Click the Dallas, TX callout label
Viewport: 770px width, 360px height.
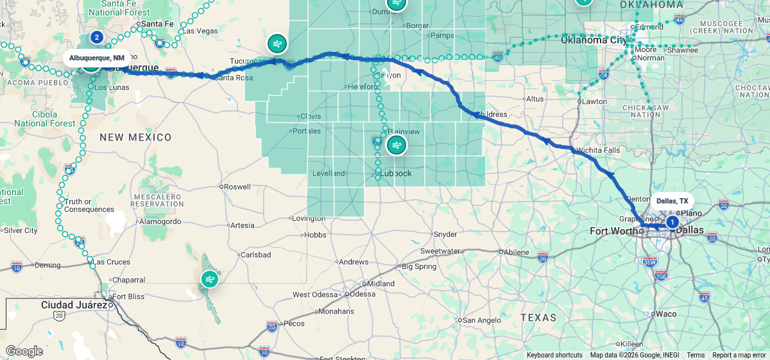(671, 201)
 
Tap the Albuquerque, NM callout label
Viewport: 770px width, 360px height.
(97, 58)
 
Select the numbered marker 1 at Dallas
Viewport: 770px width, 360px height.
(672, 222)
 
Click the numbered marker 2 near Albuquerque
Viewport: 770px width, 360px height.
(96, 37)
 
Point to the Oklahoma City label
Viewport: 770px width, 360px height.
(594, 40)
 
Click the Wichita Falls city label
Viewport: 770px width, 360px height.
(598, 150)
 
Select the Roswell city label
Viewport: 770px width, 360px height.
(237, 187)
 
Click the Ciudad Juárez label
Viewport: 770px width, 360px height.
(74, 304)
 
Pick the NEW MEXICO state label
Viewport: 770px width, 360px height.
(135, 137)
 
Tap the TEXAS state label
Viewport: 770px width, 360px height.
(538, 318)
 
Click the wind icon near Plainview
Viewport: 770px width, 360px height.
(397, 145)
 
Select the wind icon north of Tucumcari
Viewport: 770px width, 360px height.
(277, 44)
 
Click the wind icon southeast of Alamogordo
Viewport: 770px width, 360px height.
(210, 279)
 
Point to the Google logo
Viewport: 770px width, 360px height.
(24, 351)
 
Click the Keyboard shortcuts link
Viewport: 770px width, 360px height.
(554, 355)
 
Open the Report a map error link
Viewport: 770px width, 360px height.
(739, 355)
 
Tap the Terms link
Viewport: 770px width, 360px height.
(696, 355)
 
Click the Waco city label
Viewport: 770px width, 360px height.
(666, 314)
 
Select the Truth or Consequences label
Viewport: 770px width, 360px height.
(89, 205)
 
